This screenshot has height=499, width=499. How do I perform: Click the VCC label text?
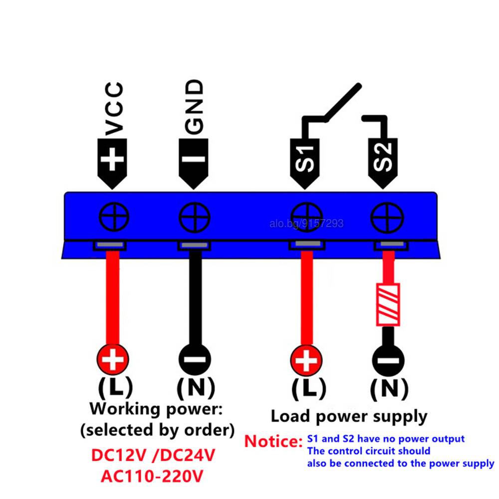[x=114, y=109]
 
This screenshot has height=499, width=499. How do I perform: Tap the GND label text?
[x=194, y=107]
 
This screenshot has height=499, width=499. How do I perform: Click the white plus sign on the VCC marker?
[x=112, y=159]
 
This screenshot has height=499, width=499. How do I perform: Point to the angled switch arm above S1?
[x=342, y=103]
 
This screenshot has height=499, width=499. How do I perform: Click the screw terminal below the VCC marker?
[x=114, y=217]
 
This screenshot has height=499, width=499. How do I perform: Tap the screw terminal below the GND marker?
[x=195, y=218]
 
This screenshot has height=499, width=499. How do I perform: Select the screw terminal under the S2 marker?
[x=387, y=218]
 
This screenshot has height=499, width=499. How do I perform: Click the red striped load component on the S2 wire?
[x=388, y=304]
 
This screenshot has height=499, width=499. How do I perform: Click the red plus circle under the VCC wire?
[x=113, y=359]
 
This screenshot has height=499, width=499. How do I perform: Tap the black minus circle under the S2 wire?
[x=388, y=361]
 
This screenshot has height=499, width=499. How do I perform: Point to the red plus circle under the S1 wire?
[x=306, y=361]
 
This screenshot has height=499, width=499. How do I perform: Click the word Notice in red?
[x=273, y=442]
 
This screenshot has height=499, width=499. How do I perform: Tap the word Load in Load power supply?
[x=290, y=416]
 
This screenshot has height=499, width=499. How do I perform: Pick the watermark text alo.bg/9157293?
[x=306, y=224]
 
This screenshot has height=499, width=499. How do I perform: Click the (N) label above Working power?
[x=196, y=388]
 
